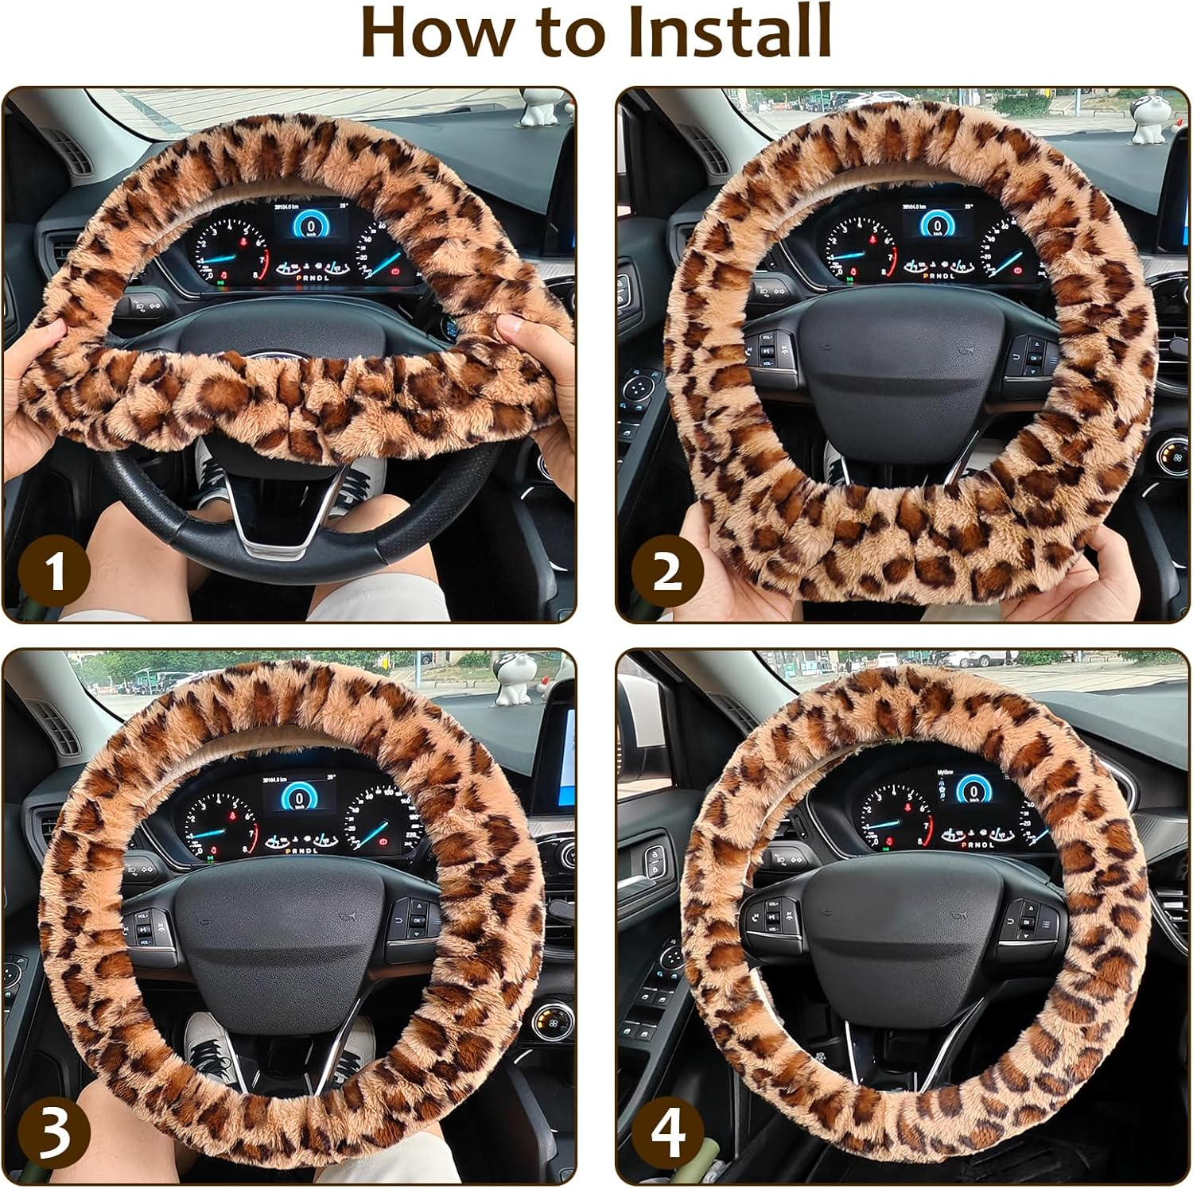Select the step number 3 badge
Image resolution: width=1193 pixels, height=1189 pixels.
(54, 1133)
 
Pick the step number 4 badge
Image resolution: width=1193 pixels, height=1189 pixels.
(666, 1133)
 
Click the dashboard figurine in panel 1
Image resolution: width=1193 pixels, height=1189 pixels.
(543, 109)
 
